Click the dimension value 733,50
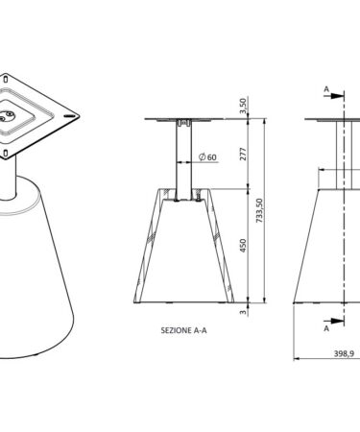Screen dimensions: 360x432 (259, 210)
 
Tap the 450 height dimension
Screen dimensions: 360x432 (243, 246)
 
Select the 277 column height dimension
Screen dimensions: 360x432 (243, 154)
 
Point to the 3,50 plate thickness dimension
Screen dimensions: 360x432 (243, 106)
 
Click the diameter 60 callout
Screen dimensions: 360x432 (207, 157)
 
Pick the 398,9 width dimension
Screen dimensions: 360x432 (344, 353)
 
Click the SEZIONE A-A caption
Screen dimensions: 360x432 (183, 330)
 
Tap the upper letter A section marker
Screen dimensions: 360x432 (326, 89)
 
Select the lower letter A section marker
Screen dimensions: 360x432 (326, 328)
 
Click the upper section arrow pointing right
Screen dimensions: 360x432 (334, 95)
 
